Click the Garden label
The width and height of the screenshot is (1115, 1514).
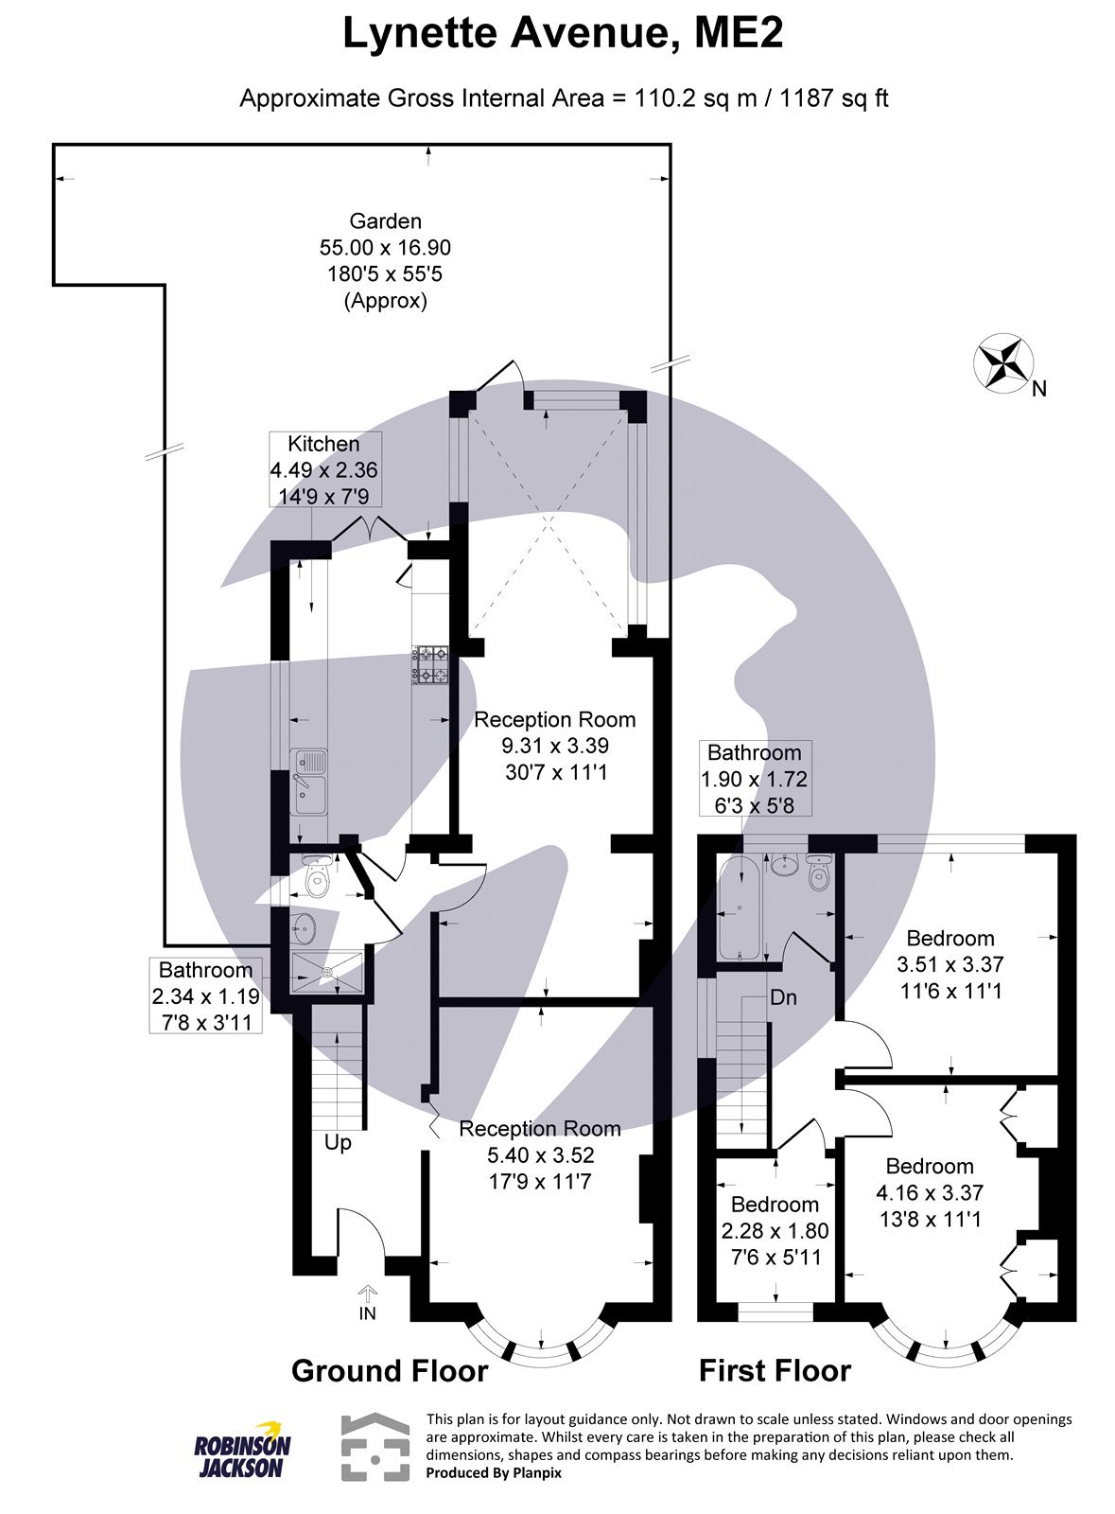pyautogui.click(x=385, y=221)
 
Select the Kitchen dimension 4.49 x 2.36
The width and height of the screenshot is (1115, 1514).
pyautogui.click(x=324, y=470)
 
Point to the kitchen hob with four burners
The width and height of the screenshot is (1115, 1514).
pyautogui.click(x=430, y=663)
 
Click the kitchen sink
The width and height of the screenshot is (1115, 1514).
pyautogui.click(x=308, y=783)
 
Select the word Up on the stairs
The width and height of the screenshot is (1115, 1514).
pyautogui.click(x=338, y=1142)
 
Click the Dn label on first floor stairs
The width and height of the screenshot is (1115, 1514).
pyautogui.click(x=783, y=997)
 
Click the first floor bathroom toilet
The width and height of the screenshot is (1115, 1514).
pyautogui.click(x=818, y=871)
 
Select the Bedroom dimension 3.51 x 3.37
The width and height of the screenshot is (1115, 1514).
pyautogui.click(x=949, y=964)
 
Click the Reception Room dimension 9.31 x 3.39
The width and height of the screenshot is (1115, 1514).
pyautogui.click(x=555, y=746)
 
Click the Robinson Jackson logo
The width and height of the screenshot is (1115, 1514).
pyautogui.click(x=243, y=1450)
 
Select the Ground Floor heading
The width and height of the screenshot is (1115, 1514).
pyautogui.click(x=390, y=1370)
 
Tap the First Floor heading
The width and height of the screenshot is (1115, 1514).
pyautogui.click(x=775, y=1370)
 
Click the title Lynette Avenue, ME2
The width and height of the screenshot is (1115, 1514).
pyautogui.click(x=563, y=35)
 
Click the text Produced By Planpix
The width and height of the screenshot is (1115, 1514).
pyautogui.click(x=494, y=1473)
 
